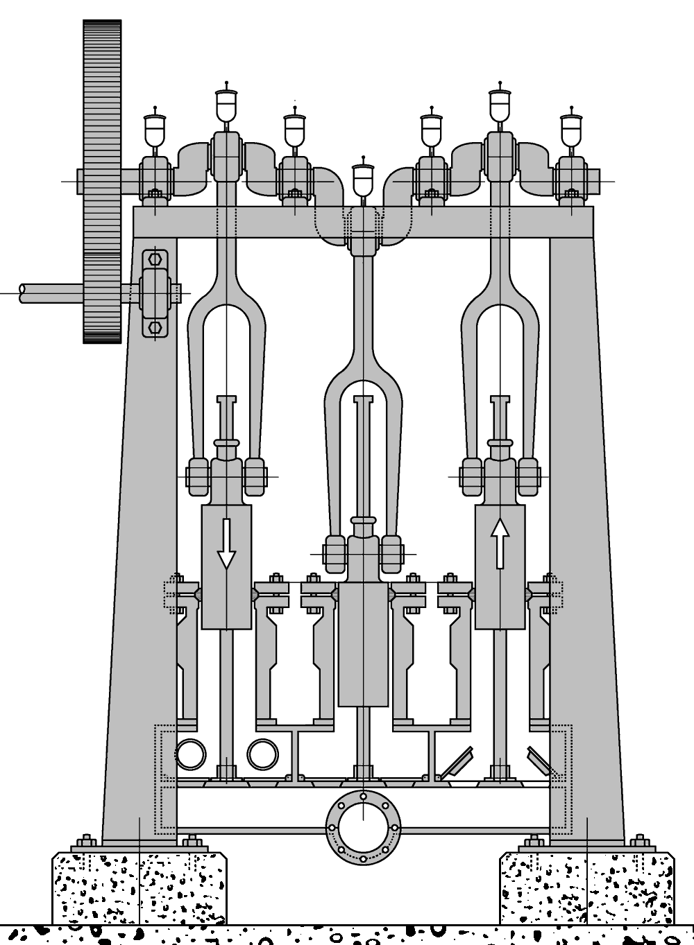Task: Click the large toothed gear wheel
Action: (x=102, y=180)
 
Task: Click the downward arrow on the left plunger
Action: (x=226, y=544)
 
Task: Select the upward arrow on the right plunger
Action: (x=500, y=544)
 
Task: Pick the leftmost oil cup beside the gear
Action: (x=155, y=129)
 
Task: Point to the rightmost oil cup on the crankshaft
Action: (x=571, y=129)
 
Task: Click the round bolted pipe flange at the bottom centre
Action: (x=363, y=827)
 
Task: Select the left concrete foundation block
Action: (x=139, y=887)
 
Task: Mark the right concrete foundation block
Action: (x=586, y=887)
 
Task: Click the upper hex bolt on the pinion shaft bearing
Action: (x=155, y=259)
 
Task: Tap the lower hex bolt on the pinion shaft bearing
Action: (x=155, y=326)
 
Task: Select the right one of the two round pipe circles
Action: (x=262, y=754)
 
